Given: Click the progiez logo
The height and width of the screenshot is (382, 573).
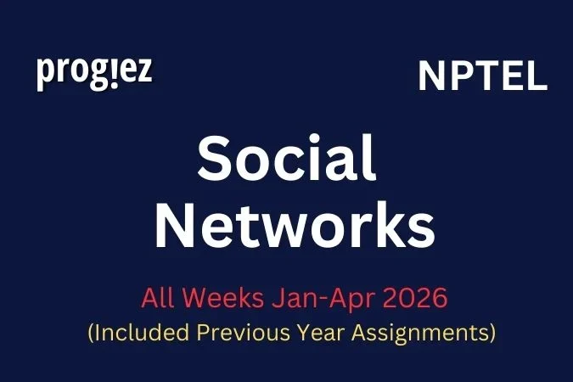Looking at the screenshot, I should (x=94, y=73).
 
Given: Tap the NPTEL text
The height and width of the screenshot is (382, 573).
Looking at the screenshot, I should (x=482, y=77).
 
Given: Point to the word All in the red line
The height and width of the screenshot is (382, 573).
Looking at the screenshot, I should (x=156, y=299).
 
